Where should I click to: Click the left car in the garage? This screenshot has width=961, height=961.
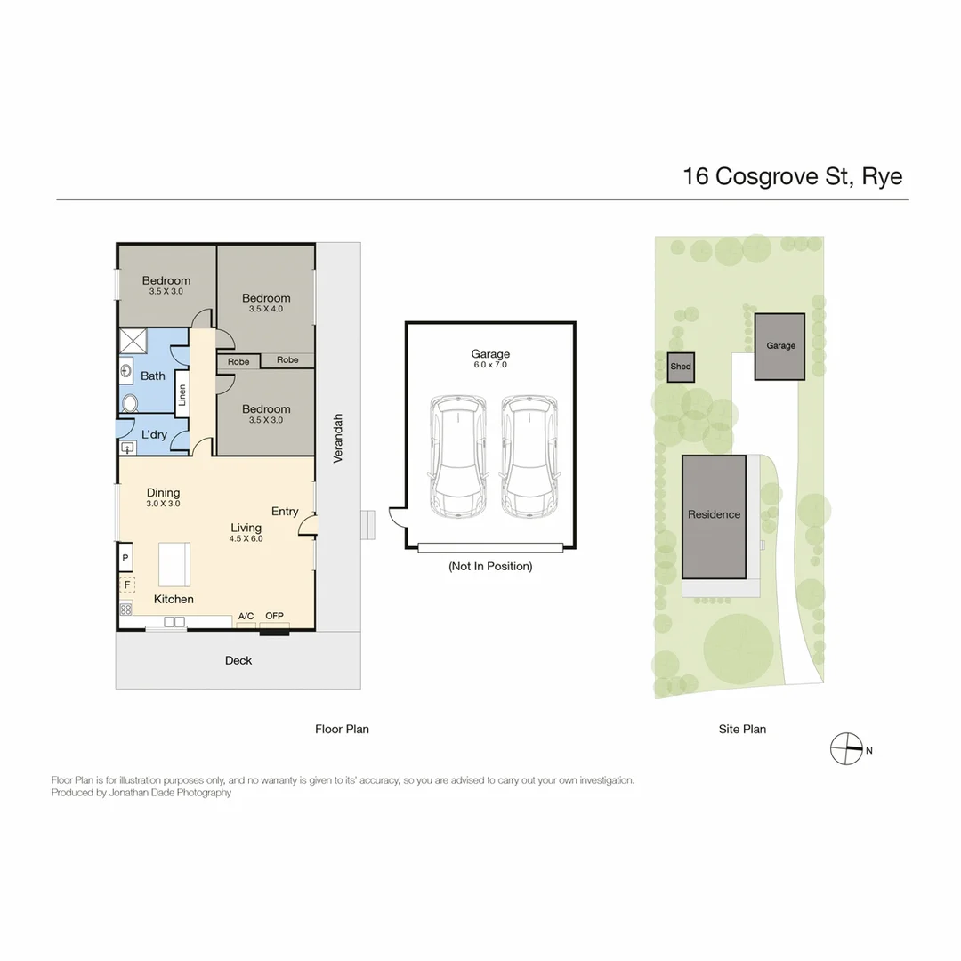point(458,457)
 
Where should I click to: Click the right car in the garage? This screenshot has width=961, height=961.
point(529,457)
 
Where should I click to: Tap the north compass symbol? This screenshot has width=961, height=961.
point(846,749)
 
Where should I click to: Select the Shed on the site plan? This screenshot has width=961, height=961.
point(681,367)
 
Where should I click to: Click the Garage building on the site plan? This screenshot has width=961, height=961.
point(780,346)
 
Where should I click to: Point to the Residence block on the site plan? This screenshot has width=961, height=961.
point(714,515)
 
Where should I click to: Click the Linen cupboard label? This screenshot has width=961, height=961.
point(182,393)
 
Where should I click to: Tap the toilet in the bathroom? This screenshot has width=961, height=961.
point(131,403)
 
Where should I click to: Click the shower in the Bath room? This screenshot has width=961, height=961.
point(135,341)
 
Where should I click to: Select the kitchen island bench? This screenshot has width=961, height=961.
point(174,564)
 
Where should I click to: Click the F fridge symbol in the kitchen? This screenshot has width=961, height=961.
point(127,585)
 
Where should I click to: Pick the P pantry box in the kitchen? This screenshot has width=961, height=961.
point(126,558)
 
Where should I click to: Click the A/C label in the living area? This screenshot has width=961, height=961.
point(246,616)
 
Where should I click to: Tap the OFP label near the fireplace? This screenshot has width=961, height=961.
point(274,616)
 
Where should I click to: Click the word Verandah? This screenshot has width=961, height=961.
point(338,439)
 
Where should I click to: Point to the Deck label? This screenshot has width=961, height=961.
point(238,660)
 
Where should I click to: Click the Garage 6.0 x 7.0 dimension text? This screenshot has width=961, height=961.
point(491,366)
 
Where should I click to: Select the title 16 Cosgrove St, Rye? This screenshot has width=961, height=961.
point(792,176)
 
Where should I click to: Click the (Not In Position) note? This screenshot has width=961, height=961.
point(490,566)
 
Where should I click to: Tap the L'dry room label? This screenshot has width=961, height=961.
point(154,434)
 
